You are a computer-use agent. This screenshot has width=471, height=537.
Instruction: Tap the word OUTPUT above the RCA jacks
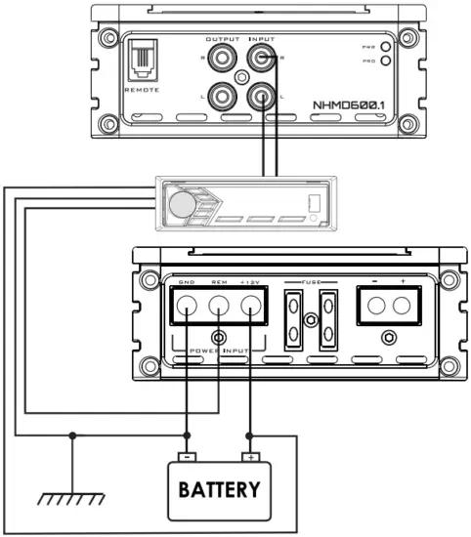point(222,39)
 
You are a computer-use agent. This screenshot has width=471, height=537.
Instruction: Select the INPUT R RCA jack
point(262,61)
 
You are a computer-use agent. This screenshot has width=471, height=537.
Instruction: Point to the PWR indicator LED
point(386,46)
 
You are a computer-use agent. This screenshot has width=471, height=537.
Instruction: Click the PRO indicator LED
point(386,61)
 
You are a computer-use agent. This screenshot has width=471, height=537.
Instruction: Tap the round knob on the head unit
point(181,203)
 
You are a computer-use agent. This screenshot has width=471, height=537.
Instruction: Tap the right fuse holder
point(327,319)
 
